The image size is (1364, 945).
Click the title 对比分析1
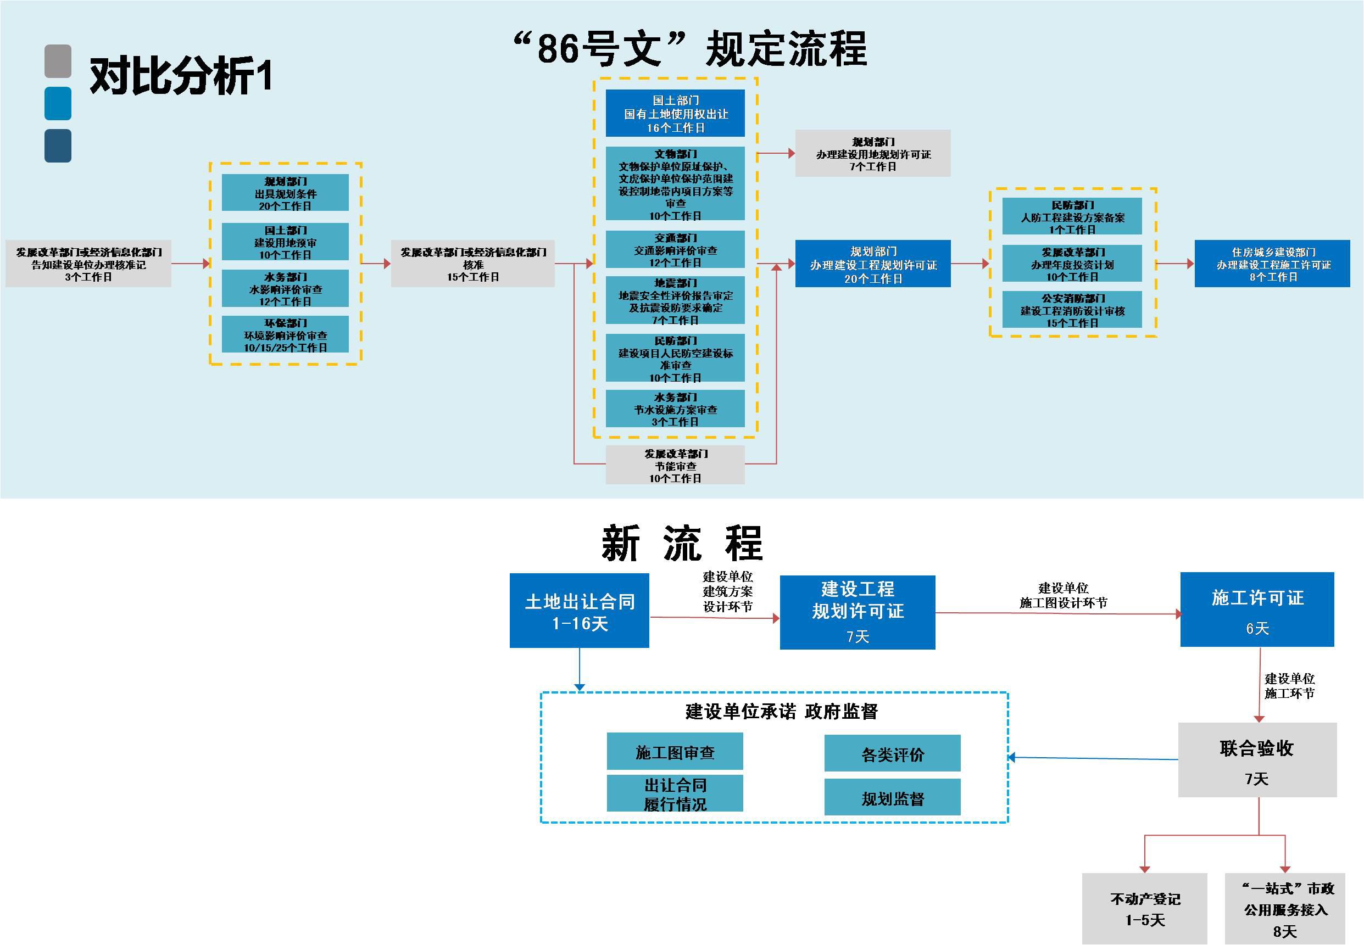pos(181,76)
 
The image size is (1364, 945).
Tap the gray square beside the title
pos(58,61)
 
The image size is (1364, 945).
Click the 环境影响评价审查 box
pos(285,334)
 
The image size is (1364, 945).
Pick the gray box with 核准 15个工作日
pos(472,264)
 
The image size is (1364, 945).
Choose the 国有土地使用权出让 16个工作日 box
pos(675,113)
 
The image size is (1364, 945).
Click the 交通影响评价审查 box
pos(675,250)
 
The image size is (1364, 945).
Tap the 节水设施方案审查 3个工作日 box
pos(675,409)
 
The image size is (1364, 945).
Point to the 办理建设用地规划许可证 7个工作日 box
pos(872,153)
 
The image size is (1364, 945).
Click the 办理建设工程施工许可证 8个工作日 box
pos(1272,264)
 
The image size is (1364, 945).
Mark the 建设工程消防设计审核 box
pos(1071,310)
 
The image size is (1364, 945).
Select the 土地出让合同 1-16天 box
pos(579,611)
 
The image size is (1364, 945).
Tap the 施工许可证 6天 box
pos(1257,610)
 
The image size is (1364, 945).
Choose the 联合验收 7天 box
pos(1257,759)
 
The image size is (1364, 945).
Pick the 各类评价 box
pos(892,753)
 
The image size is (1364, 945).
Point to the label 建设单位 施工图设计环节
pos(1063,595)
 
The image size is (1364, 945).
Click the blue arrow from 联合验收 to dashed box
pos(1093,758)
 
